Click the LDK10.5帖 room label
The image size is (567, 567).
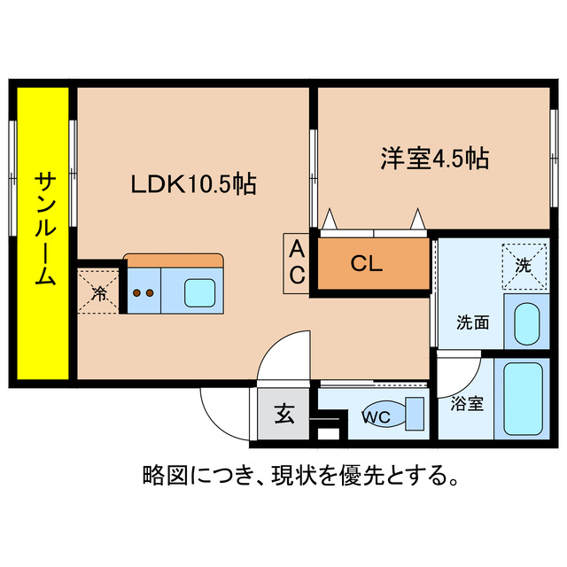coord(193,184)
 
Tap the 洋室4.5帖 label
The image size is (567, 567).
coord(435,159)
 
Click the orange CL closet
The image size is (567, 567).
coord(366,264)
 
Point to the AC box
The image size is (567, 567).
coord(296,262)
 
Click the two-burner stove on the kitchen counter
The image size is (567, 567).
coord(144,291)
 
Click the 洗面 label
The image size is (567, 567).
coord(472,322)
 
